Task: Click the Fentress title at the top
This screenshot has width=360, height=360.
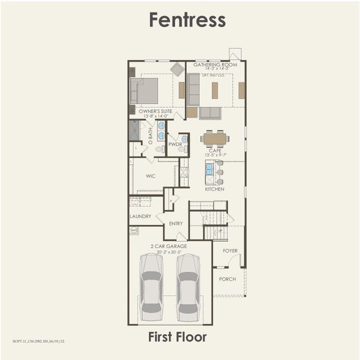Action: pos(187,20)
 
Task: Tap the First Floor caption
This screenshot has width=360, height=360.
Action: pos(177,337)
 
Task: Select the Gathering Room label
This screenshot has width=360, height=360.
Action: pos(215,65)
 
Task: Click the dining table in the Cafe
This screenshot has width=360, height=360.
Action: pos(215,139)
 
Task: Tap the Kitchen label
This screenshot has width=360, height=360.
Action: pos(214,189)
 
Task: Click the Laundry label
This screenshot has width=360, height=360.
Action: pos(140,217)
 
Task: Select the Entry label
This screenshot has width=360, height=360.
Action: pos(176,223)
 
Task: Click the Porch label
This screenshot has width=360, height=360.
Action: pos(227,279)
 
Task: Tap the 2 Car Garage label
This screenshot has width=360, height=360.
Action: pos(169,246)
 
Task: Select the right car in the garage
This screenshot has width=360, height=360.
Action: pos(188,287)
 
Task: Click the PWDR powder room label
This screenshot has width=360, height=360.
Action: pos(175,145)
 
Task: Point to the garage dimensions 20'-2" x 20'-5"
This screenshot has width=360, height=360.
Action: pos(169,252)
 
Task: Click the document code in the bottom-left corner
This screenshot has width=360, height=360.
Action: pos(38,341)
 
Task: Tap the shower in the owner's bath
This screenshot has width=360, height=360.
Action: pos(134,130)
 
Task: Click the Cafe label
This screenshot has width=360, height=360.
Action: pos(215,151)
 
